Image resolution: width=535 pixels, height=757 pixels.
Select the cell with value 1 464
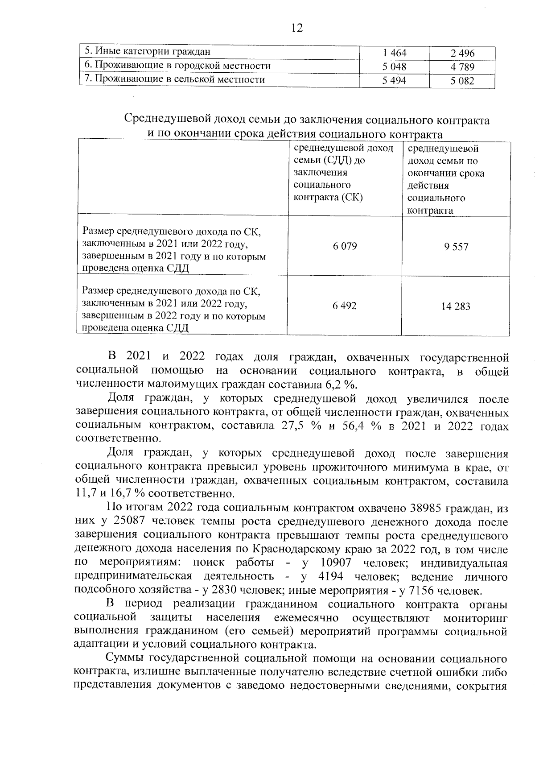(395, 53)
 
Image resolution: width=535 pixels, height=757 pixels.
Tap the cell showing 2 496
(462, 54)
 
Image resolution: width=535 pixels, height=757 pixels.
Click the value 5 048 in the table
(395, 67)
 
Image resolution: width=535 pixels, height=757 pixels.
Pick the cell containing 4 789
(462, 67)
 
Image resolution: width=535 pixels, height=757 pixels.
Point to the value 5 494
(395, 81)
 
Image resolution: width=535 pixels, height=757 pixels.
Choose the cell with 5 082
(462, 81)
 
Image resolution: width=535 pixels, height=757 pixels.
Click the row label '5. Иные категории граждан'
(148, 52)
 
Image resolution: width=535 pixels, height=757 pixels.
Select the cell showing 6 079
(345, 246)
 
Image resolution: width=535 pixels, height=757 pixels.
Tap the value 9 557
(456, 247)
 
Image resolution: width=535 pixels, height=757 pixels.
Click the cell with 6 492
(345, 306)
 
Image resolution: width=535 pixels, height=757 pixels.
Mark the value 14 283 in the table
(456, 306)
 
